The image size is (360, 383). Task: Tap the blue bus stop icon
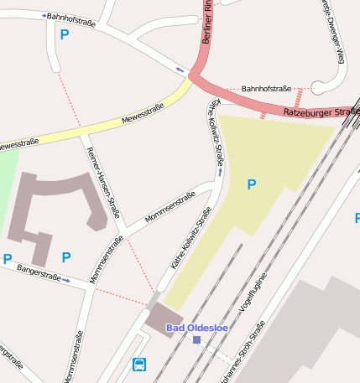coord(139,365)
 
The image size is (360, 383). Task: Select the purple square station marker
coord(196,339)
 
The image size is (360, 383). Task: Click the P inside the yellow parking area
coord(251,184)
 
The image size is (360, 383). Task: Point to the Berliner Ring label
coord(209,23)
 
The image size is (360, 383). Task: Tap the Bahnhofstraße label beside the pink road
coord(266,88)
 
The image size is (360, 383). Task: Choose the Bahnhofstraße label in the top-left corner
coord(70,19)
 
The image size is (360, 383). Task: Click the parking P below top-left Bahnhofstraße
coord(65,35)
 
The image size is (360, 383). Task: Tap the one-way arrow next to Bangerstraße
coord(67,280)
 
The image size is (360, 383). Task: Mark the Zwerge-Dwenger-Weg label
coord(331,30)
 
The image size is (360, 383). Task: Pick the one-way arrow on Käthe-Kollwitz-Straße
coord(221,171)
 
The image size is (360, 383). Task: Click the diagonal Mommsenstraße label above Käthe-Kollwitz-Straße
coord(170,207)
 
